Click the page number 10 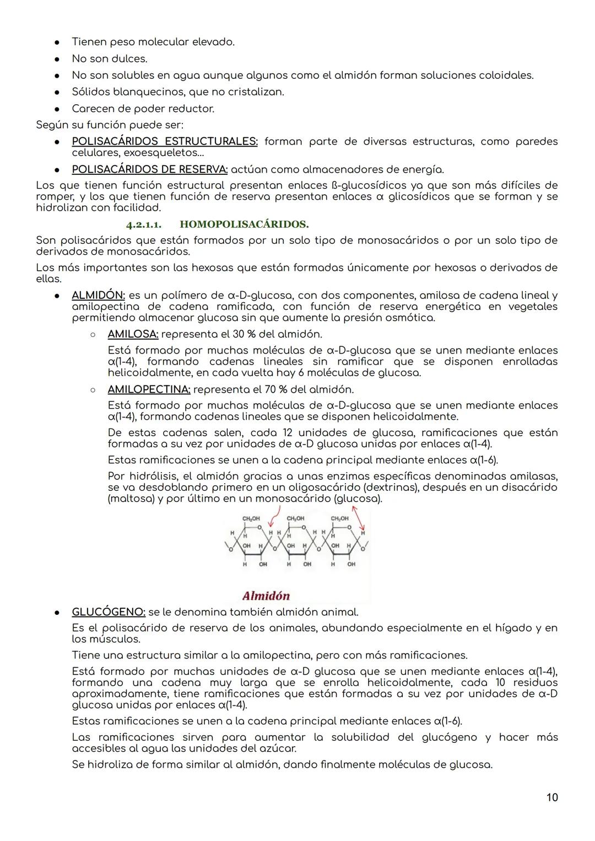click(x=551, y=797)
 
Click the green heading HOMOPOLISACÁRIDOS click(x=244, y=224)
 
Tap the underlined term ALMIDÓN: click(x=98, y=296)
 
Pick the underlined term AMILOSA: click(x=133, y=334)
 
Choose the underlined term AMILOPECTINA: click(x=149, y=389)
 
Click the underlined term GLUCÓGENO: click(x=109, y=612)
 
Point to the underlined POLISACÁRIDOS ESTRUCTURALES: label click(x=164, y=142)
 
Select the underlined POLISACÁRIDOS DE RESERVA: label click(x=149, y=169)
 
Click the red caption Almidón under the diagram click(x=266, y=596)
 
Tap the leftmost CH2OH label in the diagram click(x=251, y=519)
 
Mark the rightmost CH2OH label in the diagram click(x=339, y=519)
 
